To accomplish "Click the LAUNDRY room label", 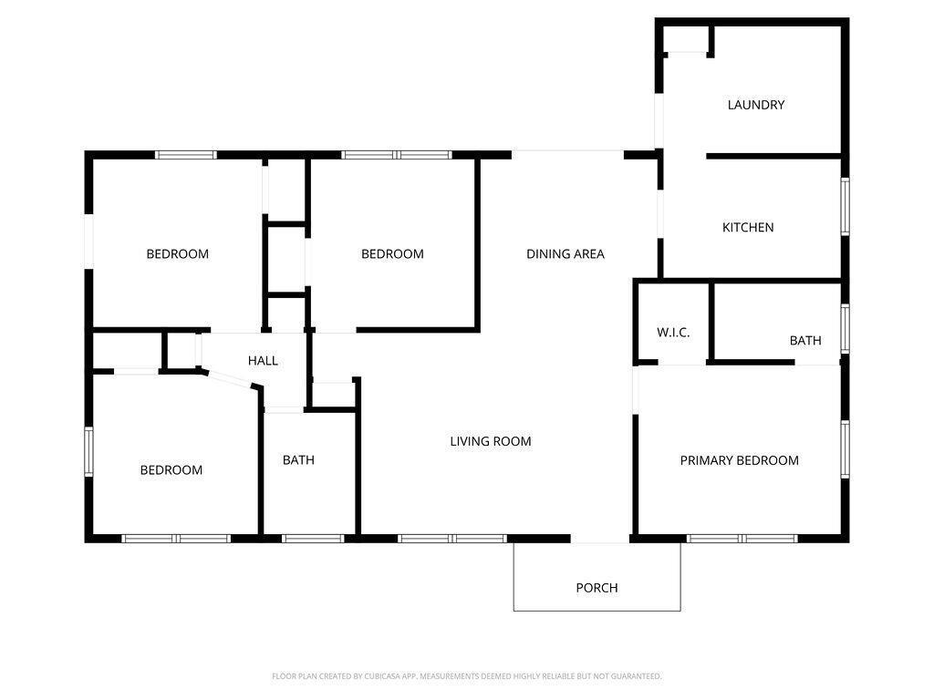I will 755,105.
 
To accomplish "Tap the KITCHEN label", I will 748,227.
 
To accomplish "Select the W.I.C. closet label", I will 673,333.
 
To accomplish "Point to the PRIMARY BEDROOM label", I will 739,460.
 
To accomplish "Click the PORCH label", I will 597,588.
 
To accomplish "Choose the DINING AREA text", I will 565,254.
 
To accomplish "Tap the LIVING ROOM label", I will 490,441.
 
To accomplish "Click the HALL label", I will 263,361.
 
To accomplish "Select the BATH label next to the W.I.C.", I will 804,340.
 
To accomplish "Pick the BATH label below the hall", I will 298,460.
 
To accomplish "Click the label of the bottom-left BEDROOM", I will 171,470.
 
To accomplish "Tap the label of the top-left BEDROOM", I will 177,254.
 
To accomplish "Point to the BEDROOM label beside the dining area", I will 392,254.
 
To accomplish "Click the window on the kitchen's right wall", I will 845,206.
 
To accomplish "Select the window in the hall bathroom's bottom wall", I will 312,538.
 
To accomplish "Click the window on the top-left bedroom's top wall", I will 186,155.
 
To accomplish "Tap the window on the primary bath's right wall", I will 845,328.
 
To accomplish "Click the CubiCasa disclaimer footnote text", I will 466,676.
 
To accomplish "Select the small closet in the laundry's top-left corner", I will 687,40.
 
